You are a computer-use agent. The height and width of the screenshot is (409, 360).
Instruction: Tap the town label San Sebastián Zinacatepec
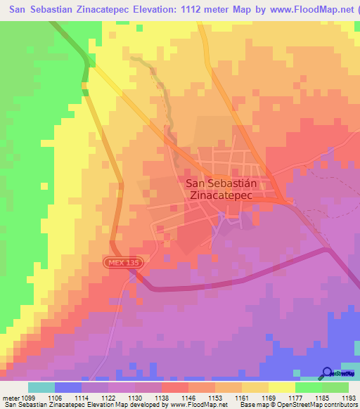(x=226, y=190)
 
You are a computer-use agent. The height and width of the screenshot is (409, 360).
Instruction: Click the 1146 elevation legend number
(x=188, y=396)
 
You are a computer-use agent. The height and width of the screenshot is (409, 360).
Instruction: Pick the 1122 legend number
(x=108, y=396)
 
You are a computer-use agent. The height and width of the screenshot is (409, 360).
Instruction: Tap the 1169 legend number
(x=268, y=396)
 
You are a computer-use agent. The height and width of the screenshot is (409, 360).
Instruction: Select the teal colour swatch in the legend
(x=41, y=387)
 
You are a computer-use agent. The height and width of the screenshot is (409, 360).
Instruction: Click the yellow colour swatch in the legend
(x=282, y=387)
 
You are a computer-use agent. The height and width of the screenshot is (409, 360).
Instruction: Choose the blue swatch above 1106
(x=68, y=387)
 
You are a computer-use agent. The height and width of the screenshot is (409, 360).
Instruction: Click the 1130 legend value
(x=134, y=396)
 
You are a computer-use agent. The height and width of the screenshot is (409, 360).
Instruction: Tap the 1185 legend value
(x=321, y=396)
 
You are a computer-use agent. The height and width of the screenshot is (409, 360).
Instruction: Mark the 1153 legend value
(x=214, y=396)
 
